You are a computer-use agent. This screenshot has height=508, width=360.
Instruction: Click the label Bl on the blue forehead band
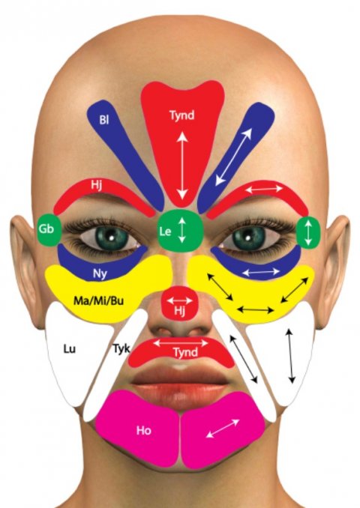click(103, 120)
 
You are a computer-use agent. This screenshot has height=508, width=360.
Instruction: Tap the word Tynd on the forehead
click(182, 115)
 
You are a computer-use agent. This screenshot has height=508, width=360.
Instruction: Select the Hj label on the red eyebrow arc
click(96, 186)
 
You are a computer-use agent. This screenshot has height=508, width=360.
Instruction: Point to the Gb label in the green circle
click(46, 229)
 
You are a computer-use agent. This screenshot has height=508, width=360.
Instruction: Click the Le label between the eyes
click(165, 232)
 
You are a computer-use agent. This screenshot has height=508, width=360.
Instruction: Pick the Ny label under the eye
click(100, 274)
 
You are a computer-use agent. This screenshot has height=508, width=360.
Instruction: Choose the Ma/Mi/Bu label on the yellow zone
click(98, 301)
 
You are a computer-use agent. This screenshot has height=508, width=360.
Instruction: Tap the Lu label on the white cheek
click(70, 349)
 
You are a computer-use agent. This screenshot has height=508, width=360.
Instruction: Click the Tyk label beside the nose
click(121, 348)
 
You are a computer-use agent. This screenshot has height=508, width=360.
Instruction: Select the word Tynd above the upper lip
click(185, 352)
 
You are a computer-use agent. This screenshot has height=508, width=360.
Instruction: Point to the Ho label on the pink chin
click(144, 430)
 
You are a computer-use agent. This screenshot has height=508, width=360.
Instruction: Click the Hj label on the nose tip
click(179, 311)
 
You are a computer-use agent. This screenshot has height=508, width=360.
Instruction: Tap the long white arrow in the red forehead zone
click(182, 166)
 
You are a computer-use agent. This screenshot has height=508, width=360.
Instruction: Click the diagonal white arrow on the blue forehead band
click(233, 157)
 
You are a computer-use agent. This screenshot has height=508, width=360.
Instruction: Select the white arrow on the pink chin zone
click(223, 429)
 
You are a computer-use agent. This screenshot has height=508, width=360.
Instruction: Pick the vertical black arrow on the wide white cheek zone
click(290, 355)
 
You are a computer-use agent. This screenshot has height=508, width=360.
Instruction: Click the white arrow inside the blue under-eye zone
click(261, 272)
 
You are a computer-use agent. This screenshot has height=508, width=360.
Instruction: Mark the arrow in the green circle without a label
click(308, 232)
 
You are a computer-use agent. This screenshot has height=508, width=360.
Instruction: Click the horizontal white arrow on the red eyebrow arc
click(264, 188)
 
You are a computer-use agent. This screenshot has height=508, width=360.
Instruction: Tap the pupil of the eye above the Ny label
click(110, 238)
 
